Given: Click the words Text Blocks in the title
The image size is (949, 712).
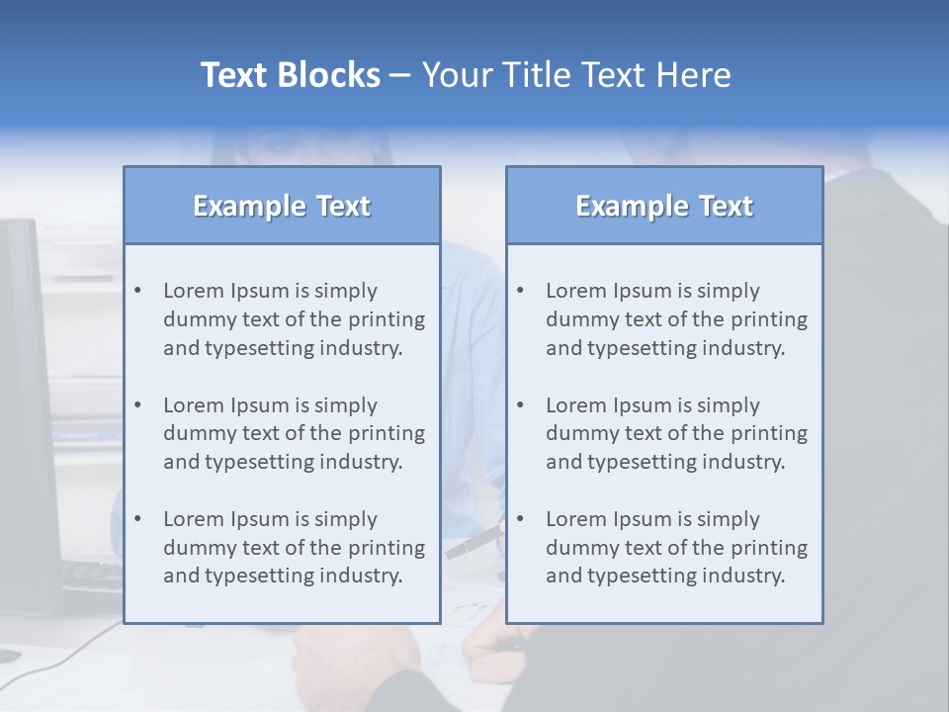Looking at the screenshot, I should pos(290,75).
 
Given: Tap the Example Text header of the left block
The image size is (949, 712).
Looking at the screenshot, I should pos(282,206).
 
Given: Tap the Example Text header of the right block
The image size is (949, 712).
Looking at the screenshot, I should pos(664,206).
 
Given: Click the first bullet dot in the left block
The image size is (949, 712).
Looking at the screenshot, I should pos(137,291).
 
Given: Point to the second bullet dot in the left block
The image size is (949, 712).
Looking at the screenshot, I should pos(137,405).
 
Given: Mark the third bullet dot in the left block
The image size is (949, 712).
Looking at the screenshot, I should pos(137,519).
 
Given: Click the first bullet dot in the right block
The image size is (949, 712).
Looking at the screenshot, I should pos(520,291).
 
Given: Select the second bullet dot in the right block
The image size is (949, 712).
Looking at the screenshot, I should pos(520,405).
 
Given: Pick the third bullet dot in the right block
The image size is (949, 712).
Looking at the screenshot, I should pos(520,519).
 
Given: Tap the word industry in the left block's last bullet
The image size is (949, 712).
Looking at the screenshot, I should pos(362,577).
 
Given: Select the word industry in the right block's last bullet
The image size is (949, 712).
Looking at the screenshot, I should pos(744,577).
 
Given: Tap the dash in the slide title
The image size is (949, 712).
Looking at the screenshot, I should pos(400,75).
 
